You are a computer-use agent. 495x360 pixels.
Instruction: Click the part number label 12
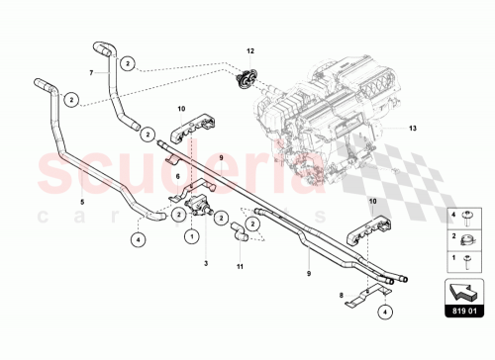[250, 48]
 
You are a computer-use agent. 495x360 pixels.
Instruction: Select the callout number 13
[413, 128]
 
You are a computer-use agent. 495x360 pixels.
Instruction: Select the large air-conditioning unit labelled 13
[337, 109]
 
